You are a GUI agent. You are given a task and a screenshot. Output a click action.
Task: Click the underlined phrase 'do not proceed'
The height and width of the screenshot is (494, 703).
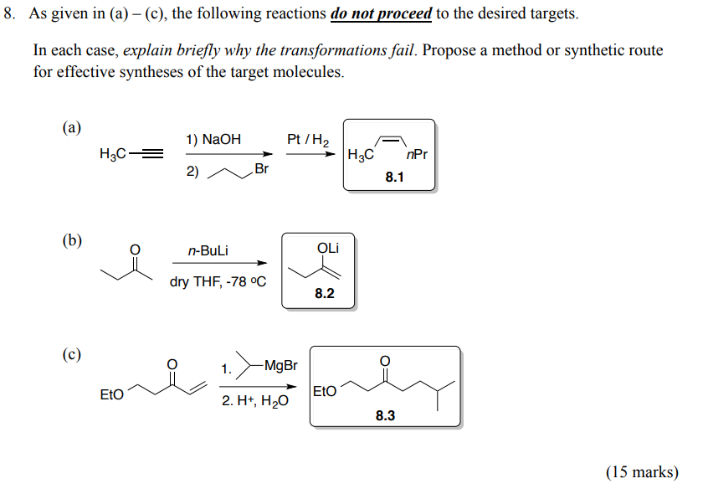click(x=382, y=14)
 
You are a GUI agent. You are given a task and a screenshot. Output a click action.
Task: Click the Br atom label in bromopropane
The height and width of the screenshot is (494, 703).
click(x=260, y=170)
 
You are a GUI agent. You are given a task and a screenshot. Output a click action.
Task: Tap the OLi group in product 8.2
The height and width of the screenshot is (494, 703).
click(x=328, y=249)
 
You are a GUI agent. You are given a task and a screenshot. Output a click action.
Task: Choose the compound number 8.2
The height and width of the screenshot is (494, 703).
click(x=325, y=293)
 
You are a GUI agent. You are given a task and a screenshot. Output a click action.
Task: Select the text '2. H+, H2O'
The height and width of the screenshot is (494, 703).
click(x=255, y=401)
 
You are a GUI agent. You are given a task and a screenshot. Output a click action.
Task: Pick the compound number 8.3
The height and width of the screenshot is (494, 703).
click(x=385, y=415)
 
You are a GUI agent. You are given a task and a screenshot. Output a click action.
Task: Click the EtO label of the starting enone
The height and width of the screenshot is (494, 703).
click(x=112, y=394)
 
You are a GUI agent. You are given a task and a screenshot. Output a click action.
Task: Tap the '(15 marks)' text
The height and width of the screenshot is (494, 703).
click(x=642, y=472)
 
